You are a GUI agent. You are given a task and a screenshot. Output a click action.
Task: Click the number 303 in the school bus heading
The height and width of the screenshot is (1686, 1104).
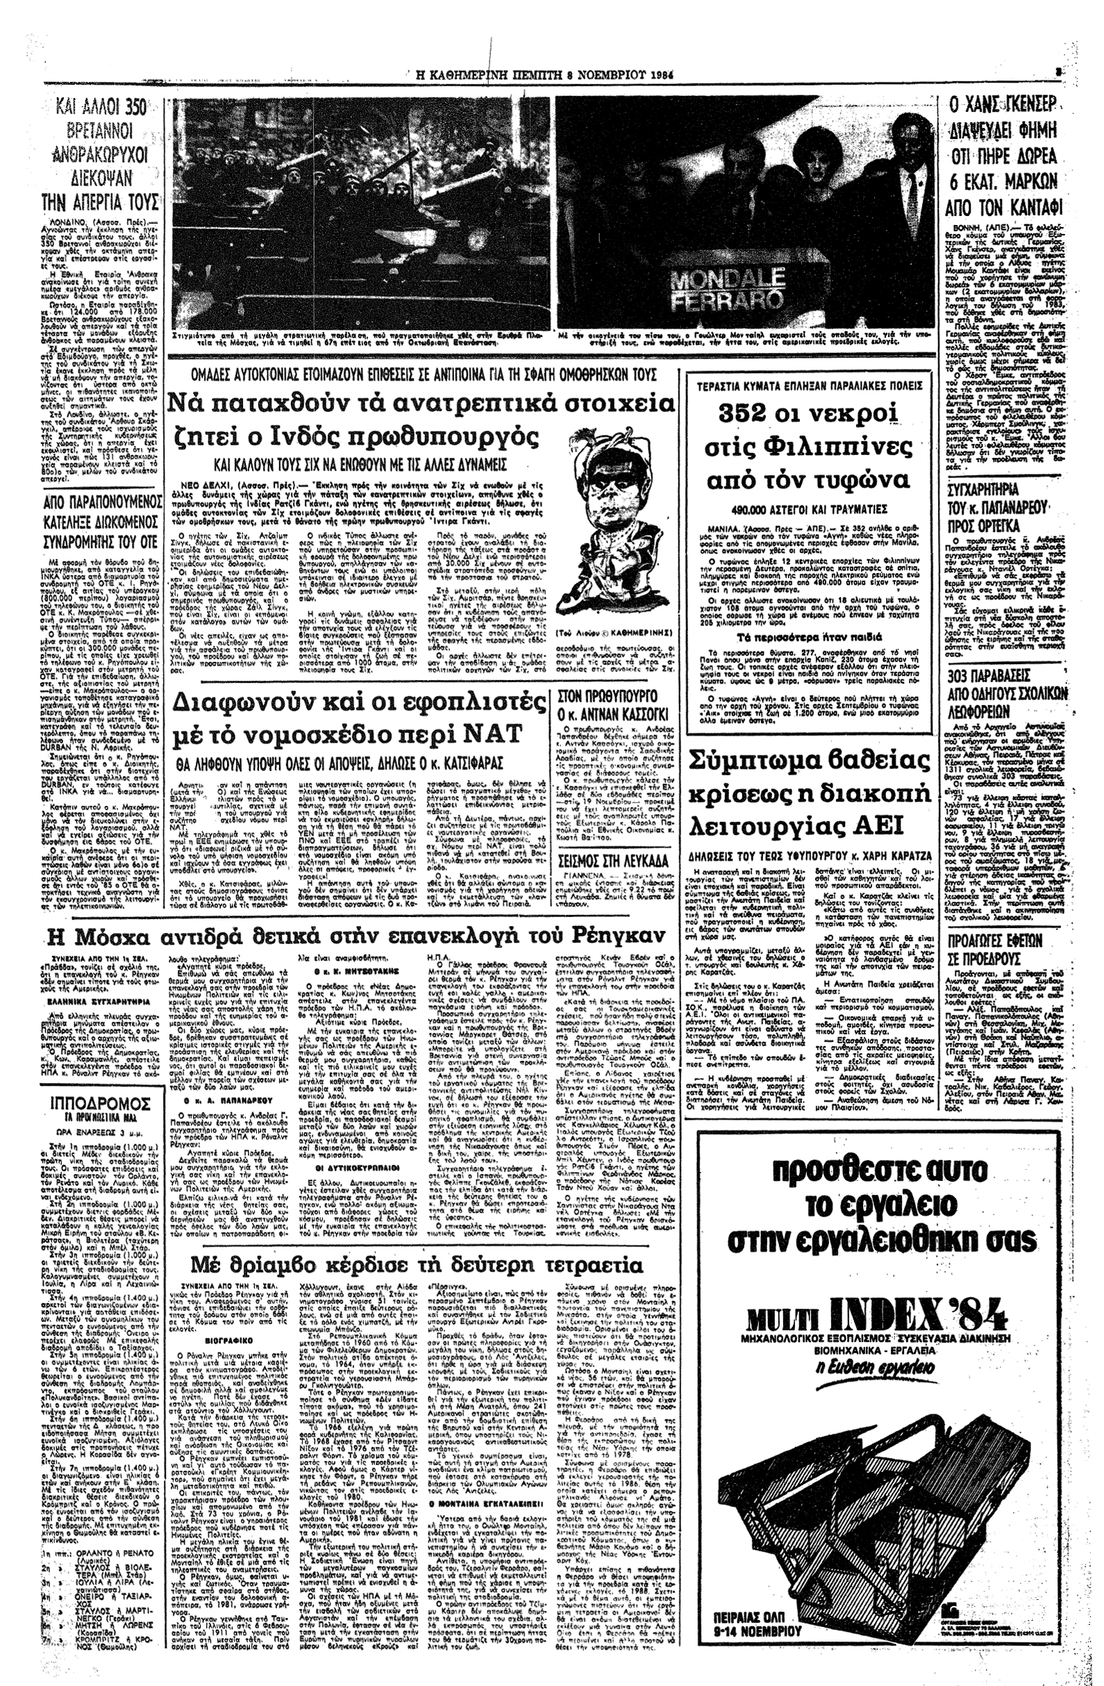[x=968, y=671]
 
